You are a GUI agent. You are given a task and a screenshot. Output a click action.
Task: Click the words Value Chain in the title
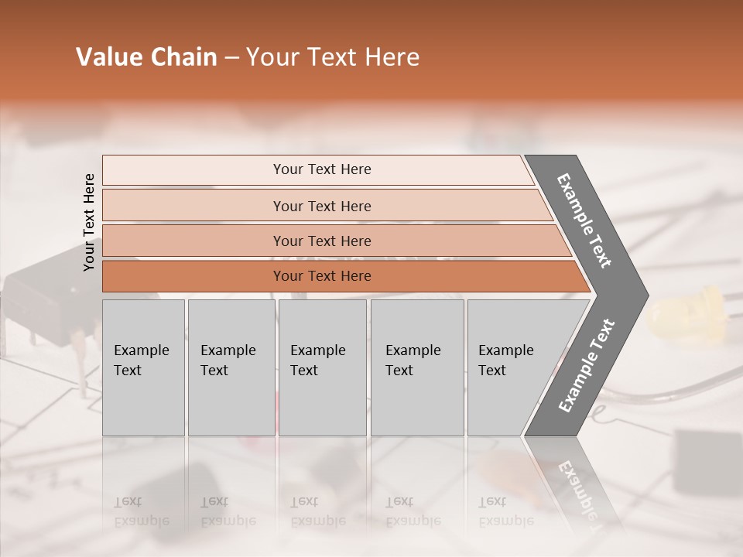(146, 57)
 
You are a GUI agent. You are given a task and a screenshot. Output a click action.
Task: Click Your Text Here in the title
(333, 57)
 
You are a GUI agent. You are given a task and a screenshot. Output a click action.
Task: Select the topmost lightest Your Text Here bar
(321, 169)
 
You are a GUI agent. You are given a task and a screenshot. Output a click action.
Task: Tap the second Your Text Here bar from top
(321, 206)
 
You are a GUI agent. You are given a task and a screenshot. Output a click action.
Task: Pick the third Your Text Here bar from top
(321, 241)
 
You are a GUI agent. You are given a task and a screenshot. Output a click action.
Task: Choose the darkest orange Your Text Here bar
(321, 276)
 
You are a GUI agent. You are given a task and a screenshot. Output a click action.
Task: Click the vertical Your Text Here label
(89, 222)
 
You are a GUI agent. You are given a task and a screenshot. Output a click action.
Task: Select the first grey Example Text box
(143, 367)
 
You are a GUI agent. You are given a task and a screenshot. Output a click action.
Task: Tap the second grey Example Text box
(231, 367)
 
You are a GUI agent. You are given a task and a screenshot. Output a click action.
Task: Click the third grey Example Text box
(322, 367)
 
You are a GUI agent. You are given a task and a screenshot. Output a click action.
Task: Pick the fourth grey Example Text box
(416, 367)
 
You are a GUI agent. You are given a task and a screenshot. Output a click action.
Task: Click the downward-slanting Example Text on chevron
(584, 220)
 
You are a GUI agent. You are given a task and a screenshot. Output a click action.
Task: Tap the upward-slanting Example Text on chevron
(587, 366)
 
